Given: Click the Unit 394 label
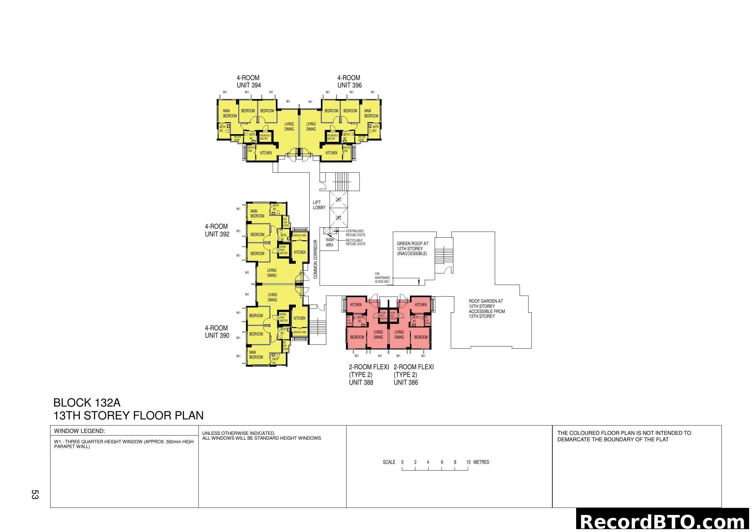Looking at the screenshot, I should (x=249, y=82).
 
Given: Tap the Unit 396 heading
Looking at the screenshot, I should (x=349, y=82).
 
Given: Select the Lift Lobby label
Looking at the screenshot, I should (x=319, y=205).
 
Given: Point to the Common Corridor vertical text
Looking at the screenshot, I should (x=315, y=259).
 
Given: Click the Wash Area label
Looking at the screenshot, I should (x=330, y=242).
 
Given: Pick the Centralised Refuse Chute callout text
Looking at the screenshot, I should (x=355, y=233).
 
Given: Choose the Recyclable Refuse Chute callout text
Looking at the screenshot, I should (x=355, y=242).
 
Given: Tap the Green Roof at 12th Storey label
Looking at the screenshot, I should (x=412, y=248).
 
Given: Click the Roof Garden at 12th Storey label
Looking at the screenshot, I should (x=486, y=308).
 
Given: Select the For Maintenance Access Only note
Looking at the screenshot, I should (x=382, y=278).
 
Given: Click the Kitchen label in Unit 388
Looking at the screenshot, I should (x=356, y=305).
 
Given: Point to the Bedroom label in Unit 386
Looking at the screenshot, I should (x=421, y=337).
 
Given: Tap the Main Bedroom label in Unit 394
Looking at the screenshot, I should (x=230, y=113).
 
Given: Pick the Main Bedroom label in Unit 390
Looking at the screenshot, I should (x=256, y=355).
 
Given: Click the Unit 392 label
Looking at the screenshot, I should (x=217, y=230).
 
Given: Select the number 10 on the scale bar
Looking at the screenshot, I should (x=468, y=462).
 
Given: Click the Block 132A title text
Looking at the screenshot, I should (x=87, y=403).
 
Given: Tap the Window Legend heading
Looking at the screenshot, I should (x=80, y=431).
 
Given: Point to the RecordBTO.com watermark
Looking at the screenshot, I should (x=663, y=521).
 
